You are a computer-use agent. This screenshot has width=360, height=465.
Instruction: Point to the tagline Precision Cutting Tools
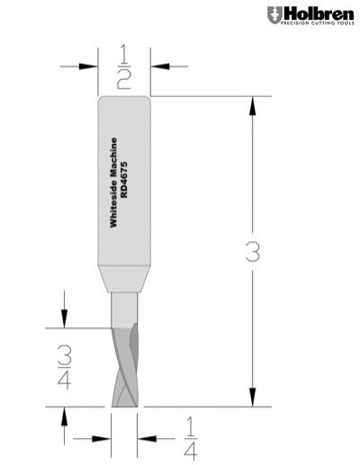point(315,25)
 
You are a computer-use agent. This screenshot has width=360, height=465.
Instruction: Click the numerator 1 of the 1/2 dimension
point(124,56)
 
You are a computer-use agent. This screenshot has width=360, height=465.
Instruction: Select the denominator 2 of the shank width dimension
point(124,79)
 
